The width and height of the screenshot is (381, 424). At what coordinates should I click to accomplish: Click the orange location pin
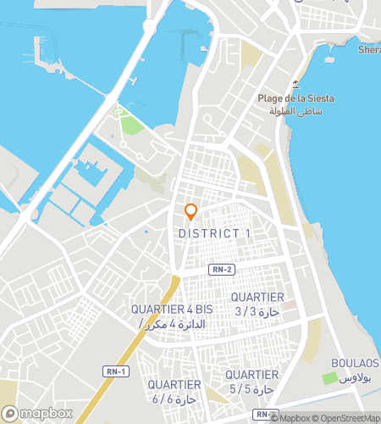click(x=190, y=212)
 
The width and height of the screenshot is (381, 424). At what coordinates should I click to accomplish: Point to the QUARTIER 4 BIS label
click(x=172, y=310)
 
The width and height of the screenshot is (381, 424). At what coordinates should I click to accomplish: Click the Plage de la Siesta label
click(x=295, y=98)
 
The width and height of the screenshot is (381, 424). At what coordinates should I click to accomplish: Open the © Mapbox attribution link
click(x=291, y=417)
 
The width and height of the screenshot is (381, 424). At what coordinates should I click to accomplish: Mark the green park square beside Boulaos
click(x=329, y=377)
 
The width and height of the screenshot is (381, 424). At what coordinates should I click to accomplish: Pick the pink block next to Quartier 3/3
click(x=289, y=304)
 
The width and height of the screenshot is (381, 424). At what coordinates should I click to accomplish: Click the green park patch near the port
click(x=130, y=124)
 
